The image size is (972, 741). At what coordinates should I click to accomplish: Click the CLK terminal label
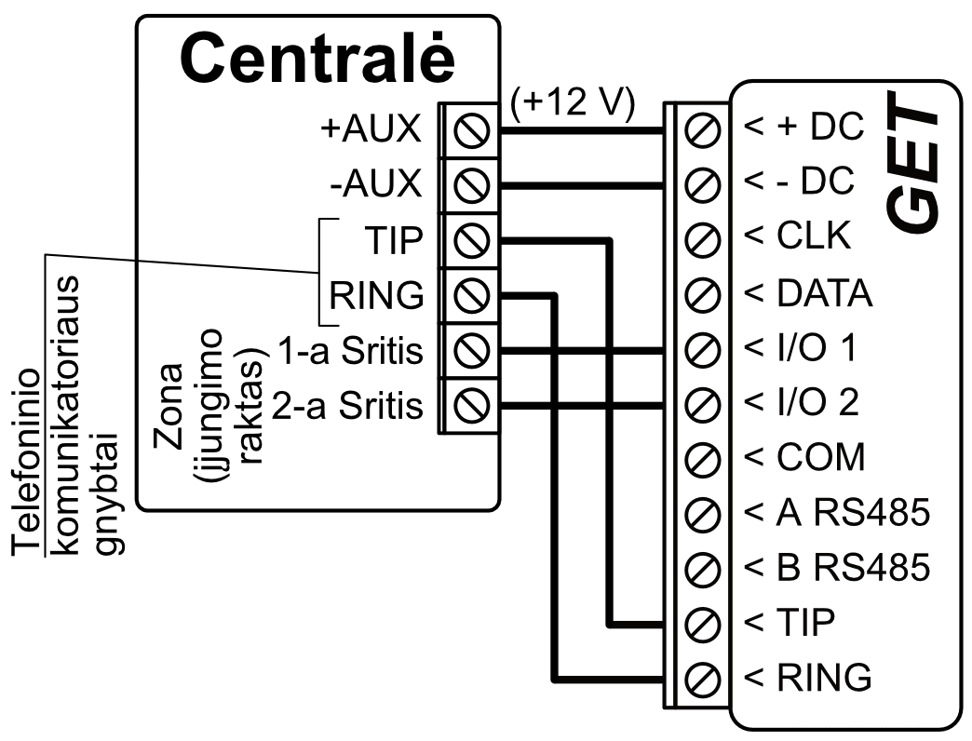tap(799, 237)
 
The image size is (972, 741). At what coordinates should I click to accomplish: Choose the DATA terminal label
tap(808, 293)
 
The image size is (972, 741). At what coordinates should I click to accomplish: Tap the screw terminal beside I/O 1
tap(704, 351)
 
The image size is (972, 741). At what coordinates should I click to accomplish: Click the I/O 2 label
tap(802, 403)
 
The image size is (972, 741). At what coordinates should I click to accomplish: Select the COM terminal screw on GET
tap(704, 459)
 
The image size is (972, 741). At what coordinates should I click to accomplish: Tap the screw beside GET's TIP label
tap(704, 622)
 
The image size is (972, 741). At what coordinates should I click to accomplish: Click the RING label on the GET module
tap(809, 676)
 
